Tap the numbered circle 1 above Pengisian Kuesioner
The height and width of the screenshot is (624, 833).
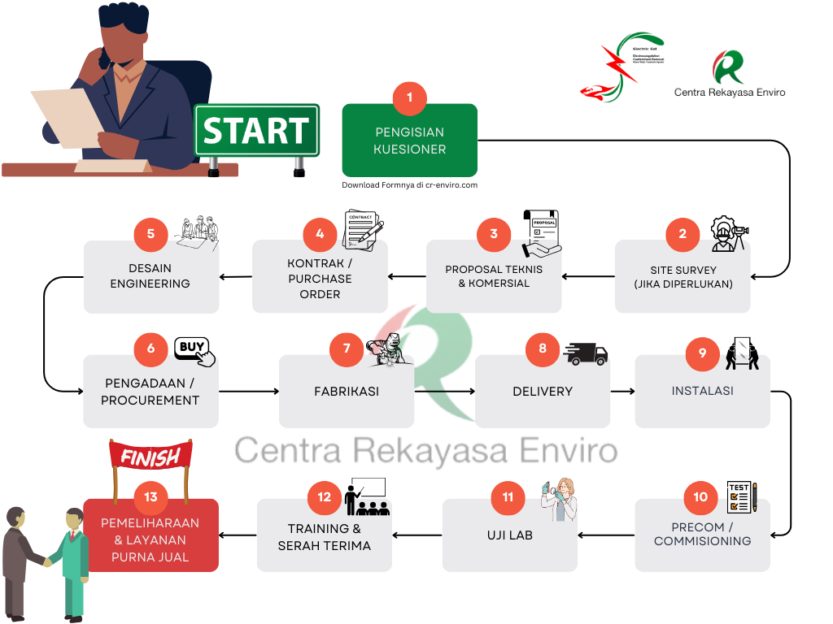pos(409,97)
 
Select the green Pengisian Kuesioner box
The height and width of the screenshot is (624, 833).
pos(409,146)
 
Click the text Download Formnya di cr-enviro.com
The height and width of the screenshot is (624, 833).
pos(409,185)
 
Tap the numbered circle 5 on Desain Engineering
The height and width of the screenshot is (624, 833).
pos(150,234)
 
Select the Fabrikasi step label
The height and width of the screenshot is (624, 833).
pos(347,392)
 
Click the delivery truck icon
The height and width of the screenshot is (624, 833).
pos(585,352)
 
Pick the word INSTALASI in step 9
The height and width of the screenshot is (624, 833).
pos(702,391)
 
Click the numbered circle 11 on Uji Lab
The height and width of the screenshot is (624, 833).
pos(508,496)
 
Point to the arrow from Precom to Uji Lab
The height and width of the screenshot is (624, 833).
pos(606,535)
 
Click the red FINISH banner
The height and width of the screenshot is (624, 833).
pos(150,457)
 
